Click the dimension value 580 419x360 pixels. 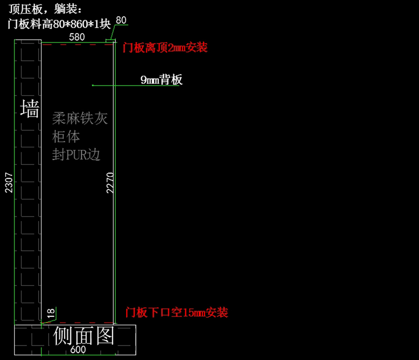77,37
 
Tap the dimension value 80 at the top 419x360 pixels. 121,20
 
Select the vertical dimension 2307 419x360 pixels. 9,182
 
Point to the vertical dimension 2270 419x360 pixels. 110,182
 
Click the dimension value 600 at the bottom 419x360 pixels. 78,350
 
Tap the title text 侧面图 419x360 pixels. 84,336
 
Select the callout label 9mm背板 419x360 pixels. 161,80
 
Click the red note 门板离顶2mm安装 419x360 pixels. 165,48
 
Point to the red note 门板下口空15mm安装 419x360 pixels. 177,312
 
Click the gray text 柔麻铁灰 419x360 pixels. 80,119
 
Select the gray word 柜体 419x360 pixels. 66,137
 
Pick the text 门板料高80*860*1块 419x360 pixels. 59,24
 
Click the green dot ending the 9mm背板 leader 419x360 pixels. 93,85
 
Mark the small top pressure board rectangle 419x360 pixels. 110,42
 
